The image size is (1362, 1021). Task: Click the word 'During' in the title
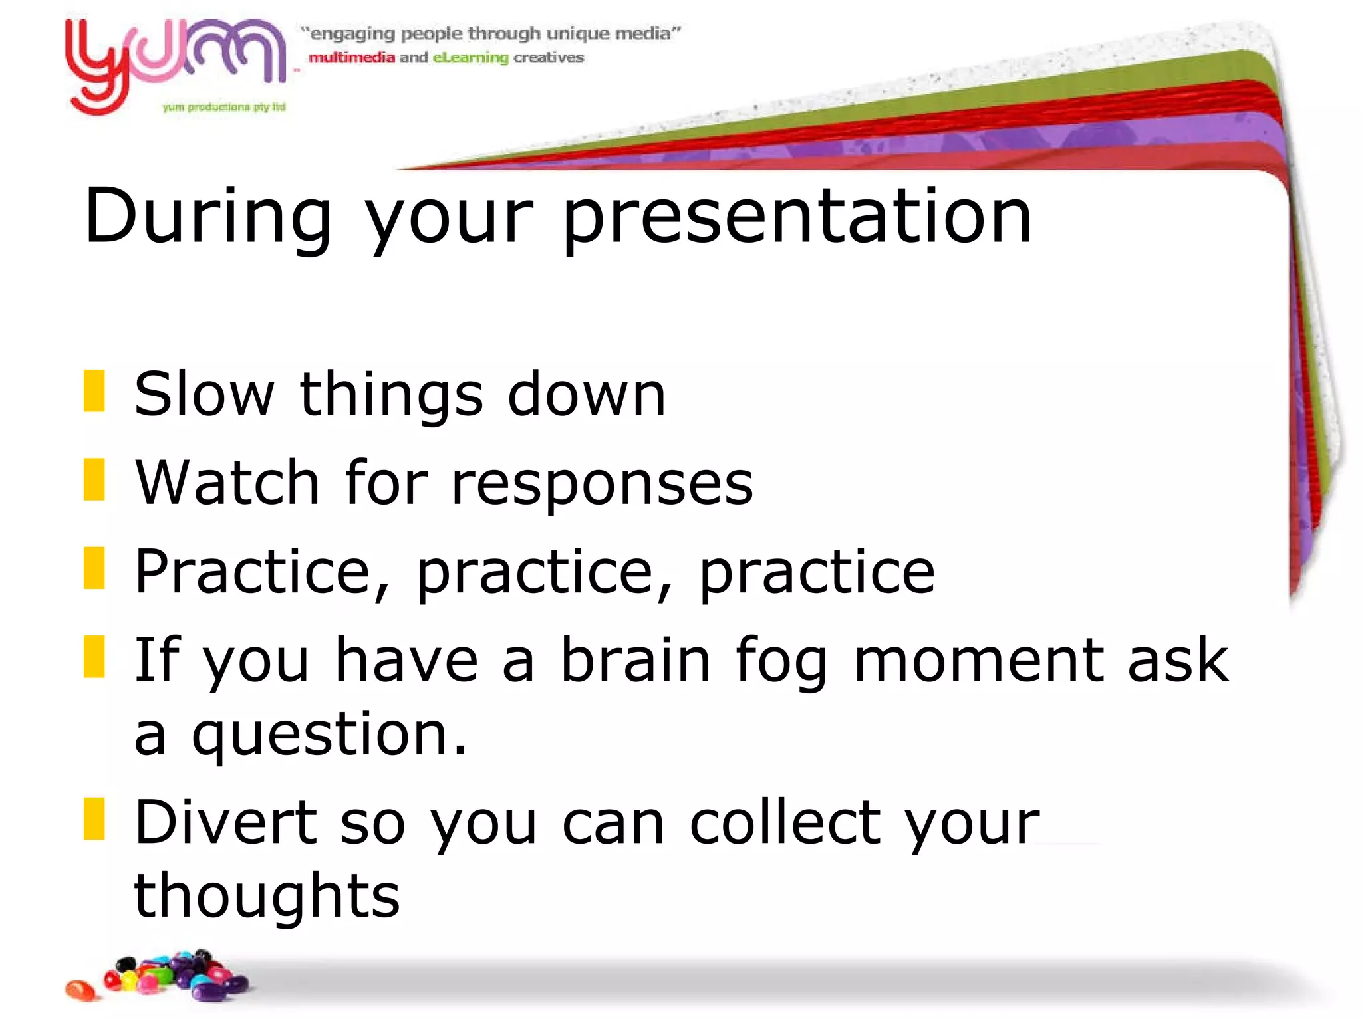[x=207, y=217]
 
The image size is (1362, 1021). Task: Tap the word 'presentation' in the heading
[x=797, y=217]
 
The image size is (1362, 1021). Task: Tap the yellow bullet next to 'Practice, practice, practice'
[x=94, y=568]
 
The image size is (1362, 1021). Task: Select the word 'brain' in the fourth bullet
[x=635, y=659]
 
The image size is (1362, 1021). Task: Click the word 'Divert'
[x=226, y=822]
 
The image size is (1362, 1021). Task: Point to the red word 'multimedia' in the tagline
[x=351, y=58]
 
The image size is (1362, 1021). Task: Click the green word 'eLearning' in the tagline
[x=470, y=58]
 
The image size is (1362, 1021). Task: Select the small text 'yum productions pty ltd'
[x=223, y=107]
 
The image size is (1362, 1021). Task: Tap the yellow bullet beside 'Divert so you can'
[x=94, y=819]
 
